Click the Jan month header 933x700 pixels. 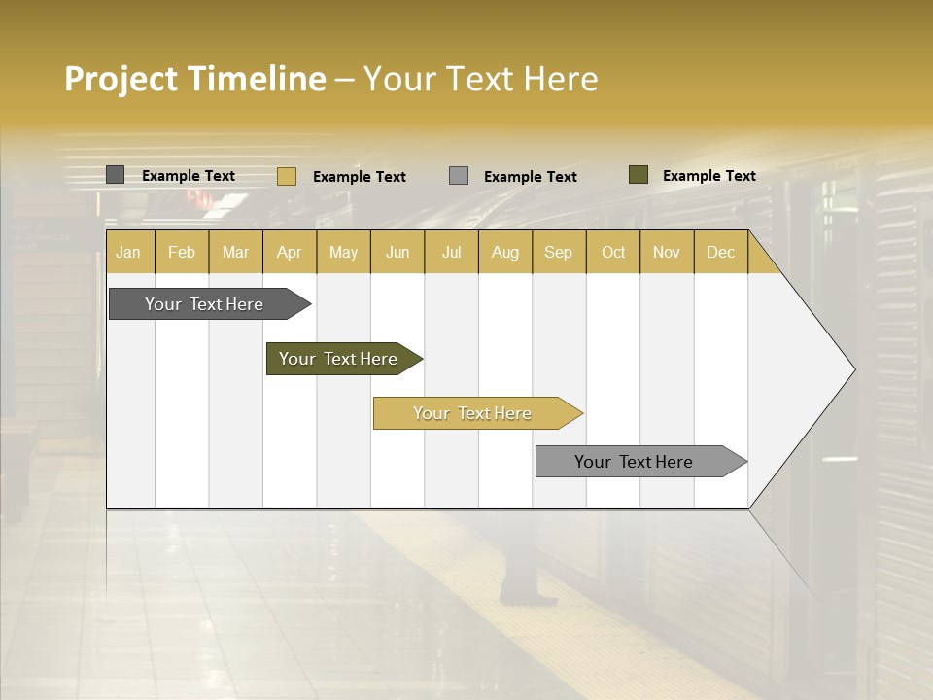pos(128,252)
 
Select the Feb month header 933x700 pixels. pos(182,252)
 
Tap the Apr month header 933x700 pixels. pos(289,252)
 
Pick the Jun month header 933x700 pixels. pos(397,252)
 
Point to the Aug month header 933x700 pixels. pos(504,252)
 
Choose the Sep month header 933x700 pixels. pos(558,252)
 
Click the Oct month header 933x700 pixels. pos(613,252)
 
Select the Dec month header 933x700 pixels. pos(720,252)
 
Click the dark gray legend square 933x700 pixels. pos(115,175)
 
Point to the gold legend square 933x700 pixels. pos(286,176)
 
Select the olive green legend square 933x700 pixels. pos(638,175)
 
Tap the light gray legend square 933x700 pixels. pos(459,176)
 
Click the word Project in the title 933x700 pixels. pos(121,79)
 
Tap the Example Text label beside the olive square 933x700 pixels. pos(708,175)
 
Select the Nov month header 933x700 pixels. pos(666,252)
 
